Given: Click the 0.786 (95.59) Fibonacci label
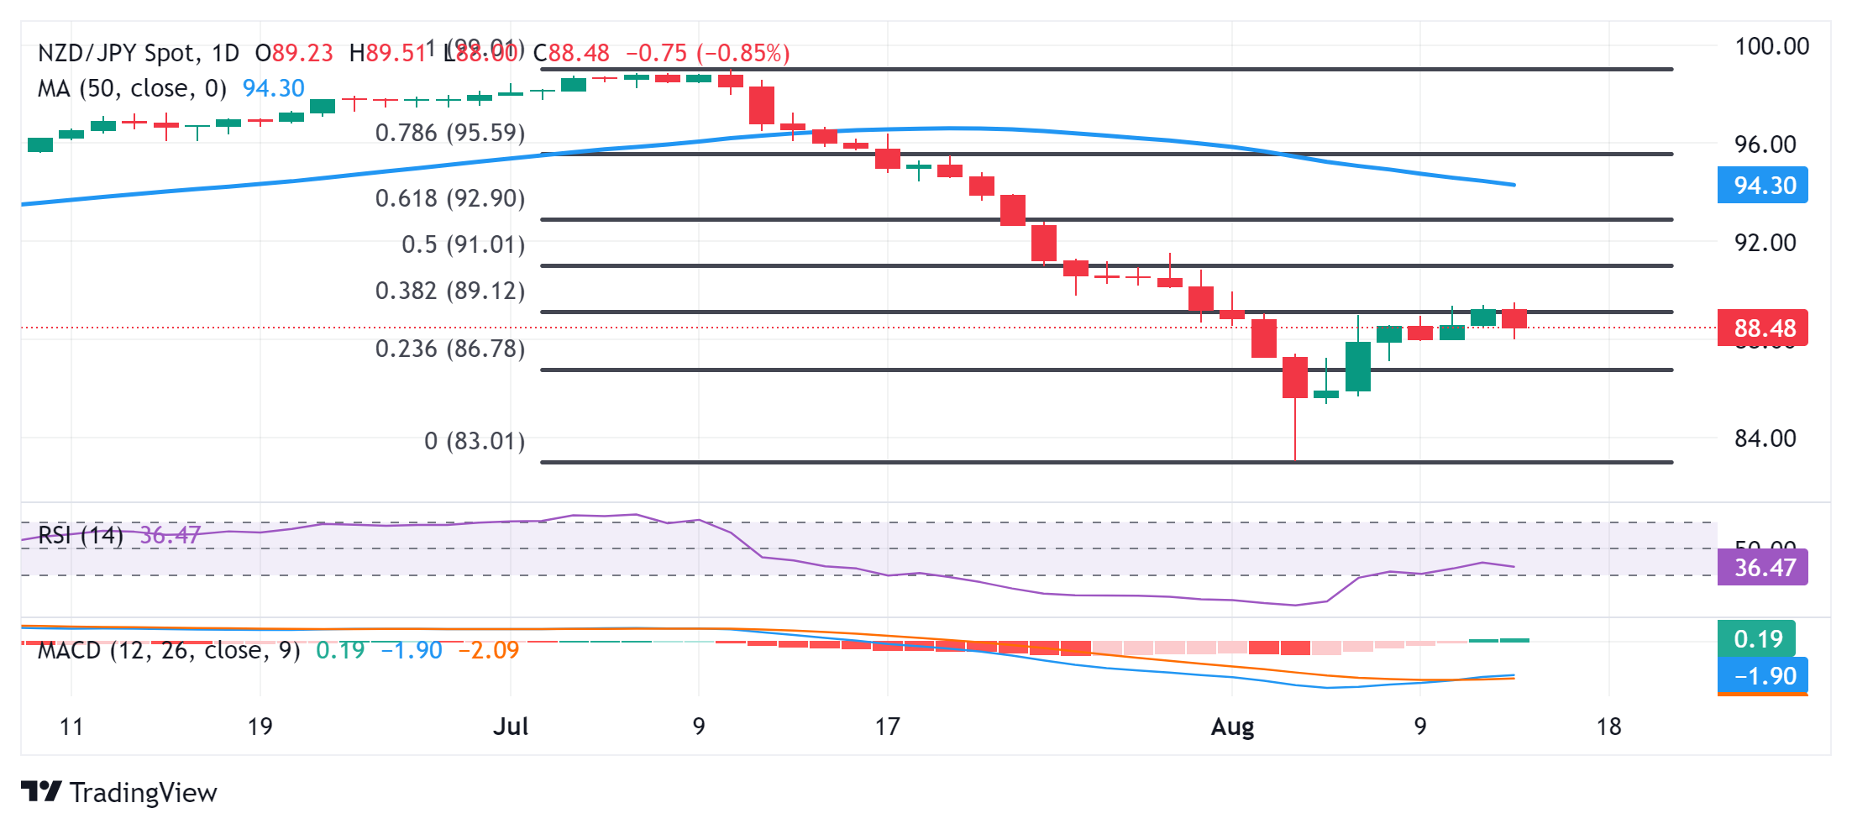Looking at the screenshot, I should tap(449, 133).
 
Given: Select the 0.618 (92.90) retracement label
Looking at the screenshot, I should tap(449, 198).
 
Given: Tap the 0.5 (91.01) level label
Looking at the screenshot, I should tap(463, 244).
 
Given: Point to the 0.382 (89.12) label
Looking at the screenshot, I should tap(449, 291).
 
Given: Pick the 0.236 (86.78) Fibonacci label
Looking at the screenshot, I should tap(449, 349).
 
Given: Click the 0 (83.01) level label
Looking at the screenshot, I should tap(474, 441).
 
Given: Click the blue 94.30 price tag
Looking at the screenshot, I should tap(1764, 186).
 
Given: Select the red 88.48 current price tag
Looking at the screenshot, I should tap(1764, 328).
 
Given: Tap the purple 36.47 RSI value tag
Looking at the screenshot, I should tap(1764, 568).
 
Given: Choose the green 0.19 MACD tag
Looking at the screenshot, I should tap(1757, 639).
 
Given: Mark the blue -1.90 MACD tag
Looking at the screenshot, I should tap(1764, 676).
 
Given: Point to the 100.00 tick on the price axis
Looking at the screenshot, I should tap(1771, 46).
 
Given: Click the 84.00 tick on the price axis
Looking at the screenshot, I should tap(1765, 438).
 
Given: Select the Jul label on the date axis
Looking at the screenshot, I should tap(511, 727).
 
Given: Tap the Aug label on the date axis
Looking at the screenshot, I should tap(1232, 727).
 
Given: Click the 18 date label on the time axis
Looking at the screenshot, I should tap(1608, 727).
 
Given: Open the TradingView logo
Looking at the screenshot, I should tap(119, 792).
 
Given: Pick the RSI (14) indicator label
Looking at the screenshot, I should tap(81, 535).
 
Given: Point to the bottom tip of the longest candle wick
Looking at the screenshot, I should tap(1295, 460).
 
